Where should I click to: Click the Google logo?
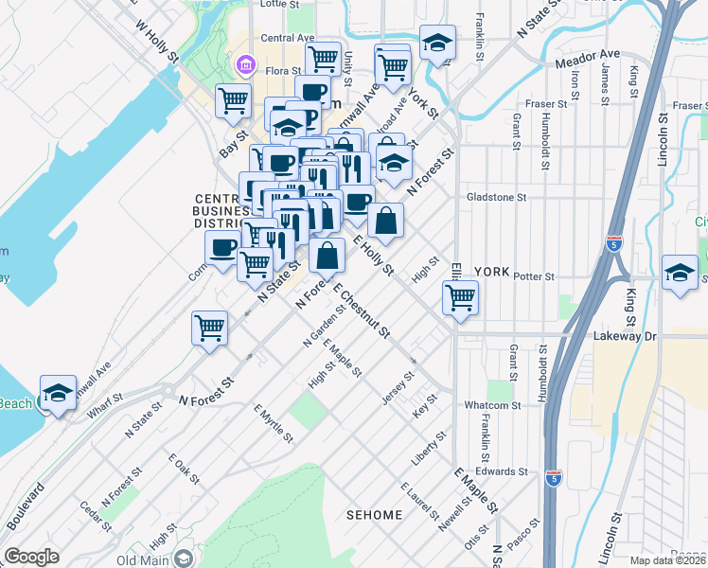(31, 557)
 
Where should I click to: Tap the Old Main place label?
(143, 559)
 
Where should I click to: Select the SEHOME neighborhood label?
(374, 515)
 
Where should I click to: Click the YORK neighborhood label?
(491, 269)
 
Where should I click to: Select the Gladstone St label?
(495, 197)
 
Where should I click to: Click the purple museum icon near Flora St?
(245, 64)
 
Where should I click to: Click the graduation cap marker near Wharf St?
(58, 393)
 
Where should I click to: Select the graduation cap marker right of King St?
(680, 273)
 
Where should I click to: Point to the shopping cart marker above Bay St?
(233, 99)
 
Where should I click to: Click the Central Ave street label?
(288, 38)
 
